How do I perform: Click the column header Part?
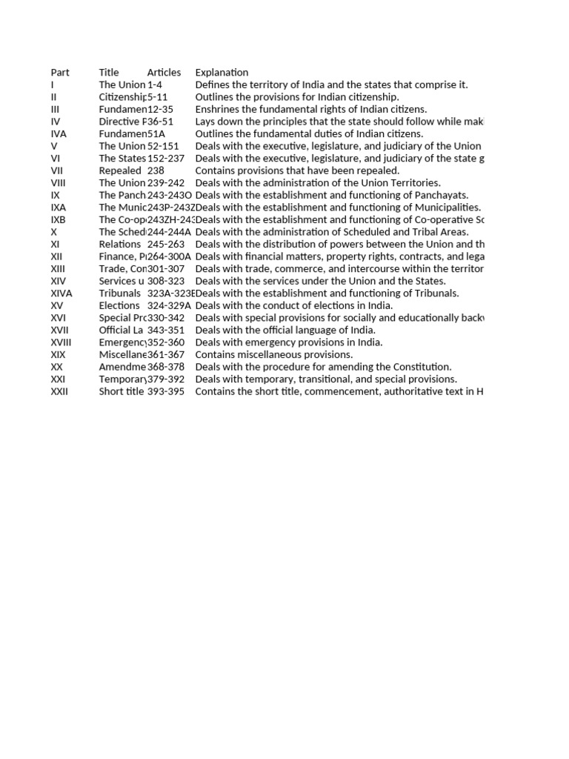click(x=60, y=73)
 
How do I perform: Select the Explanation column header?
click(x=222, y=73)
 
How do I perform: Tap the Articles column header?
click(x=164, y=73)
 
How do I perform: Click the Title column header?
click(x=109, y=73)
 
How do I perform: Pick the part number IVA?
click(x=59, y=134)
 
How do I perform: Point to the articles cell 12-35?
click(x=161, y=109)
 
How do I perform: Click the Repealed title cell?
click(x=120, y=170)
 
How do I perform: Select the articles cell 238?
click(x=156, y=170)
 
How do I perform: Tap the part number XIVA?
click(x=61, y=294)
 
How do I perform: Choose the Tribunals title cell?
click(x=120, y=294)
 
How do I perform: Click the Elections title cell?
click(x=119, y=305)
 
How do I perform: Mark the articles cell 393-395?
click(x=166, y=391)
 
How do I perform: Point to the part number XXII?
click(x=59, y=391)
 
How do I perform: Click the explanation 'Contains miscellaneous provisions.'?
click(x=273, y=355)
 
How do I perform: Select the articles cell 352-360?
click(x=166, y=342)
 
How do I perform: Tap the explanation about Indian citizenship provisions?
click(x=297, y=97)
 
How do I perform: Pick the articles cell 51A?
click(x=156, y=134)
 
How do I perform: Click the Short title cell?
click(x=122, y=391)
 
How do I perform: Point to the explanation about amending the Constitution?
click(x=323, y=367)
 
